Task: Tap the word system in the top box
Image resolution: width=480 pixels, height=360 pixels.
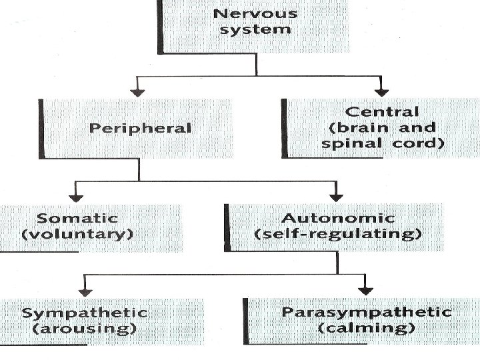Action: pos(253,29)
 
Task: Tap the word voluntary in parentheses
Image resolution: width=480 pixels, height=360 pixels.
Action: pos(78,234)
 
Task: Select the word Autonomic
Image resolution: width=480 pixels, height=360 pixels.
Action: pos(338,218)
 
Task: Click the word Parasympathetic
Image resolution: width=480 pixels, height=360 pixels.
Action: pos(367,312)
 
